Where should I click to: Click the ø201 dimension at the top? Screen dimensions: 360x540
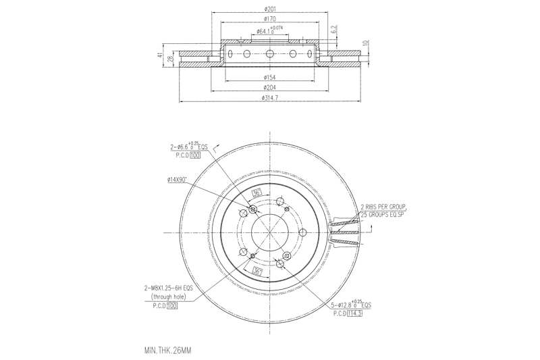[270, 8]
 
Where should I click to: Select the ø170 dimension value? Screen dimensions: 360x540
[270, 20]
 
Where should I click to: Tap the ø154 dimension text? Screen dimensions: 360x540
[270, 78]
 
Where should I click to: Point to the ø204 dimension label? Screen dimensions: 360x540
[270, 88]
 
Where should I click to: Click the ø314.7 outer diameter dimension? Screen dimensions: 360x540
[270, 99]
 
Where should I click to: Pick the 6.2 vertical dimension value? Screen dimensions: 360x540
[333, 30]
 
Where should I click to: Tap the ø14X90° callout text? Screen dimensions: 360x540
[178, 180]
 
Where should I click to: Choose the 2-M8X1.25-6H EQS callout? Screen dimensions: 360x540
[167, 287]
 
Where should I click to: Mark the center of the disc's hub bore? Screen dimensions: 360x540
[270, 233]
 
